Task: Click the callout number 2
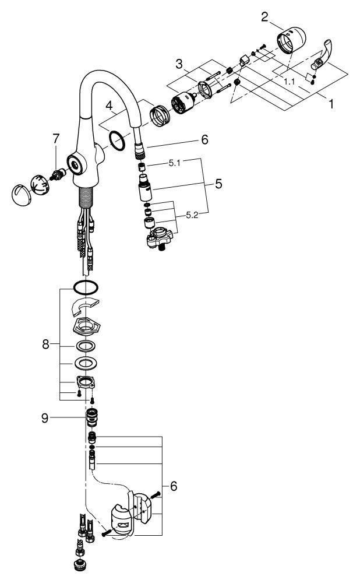tap(264, 16)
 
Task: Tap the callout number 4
tap(109, 107)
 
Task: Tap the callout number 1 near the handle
tap(331, 104)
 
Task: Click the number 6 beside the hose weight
tap(173, 486)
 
